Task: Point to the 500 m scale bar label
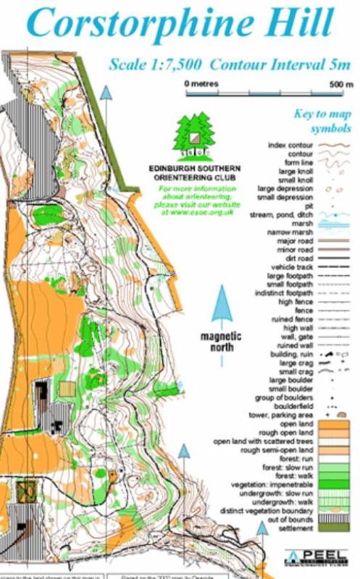pos(336,85)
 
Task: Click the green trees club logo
pos(193,137)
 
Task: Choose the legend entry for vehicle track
pos(293,268)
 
